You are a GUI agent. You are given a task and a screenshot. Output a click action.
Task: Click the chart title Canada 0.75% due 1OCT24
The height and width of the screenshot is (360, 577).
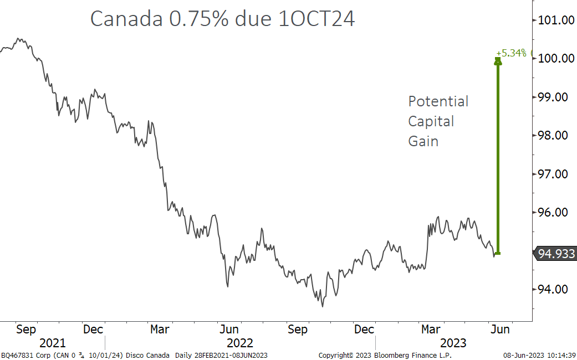click(222, 19)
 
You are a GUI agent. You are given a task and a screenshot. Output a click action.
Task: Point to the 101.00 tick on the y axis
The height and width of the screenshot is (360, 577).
click(555, 20)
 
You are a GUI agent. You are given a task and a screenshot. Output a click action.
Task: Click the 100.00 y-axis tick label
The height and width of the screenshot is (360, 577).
click(555, 59)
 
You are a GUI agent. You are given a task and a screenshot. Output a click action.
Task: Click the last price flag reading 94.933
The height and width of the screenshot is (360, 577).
click(556, 254)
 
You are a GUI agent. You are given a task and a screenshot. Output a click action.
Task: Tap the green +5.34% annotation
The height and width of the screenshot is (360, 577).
click(510, 53)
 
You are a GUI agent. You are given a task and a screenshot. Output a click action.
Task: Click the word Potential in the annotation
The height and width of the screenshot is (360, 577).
click(438, 102)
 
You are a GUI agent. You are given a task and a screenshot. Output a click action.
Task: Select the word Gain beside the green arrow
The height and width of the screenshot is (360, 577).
click(423, 141)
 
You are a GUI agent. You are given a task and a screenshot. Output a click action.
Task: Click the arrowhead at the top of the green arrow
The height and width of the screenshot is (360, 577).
click(498, 60)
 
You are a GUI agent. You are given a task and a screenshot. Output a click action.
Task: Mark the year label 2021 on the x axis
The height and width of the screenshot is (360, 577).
click(52, 343)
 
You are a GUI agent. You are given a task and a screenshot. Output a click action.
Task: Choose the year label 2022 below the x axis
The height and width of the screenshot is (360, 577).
click(239, 343)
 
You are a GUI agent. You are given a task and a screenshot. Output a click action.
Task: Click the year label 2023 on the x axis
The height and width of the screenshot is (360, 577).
click(453, 343)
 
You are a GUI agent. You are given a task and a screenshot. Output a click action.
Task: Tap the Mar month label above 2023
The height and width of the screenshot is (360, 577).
click(431, 330)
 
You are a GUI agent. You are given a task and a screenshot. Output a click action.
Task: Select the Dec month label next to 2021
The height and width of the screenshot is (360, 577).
click(93, 330)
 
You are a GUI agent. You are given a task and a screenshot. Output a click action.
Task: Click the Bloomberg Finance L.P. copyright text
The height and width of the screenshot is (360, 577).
click(385, 355)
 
